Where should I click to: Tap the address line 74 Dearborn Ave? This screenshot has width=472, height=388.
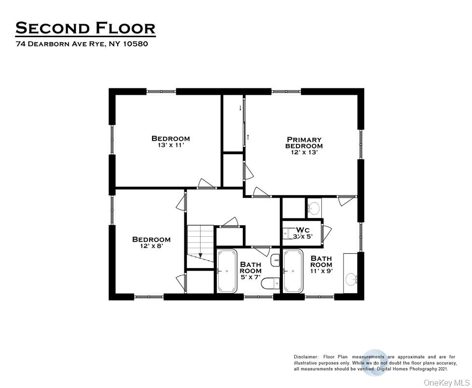point(82,44)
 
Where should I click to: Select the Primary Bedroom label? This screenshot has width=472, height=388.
point(304,143)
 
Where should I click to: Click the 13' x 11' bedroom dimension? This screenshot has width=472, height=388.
point(170,145)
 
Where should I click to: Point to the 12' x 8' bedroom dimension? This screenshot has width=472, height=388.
point(151,246)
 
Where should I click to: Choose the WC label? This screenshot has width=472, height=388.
point(303,230)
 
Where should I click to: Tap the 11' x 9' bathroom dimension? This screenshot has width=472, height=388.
point(321,272)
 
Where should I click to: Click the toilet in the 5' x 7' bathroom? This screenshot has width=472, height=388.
point(270,284)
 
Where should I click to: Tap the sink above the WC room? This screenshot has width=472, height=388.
point(314,208)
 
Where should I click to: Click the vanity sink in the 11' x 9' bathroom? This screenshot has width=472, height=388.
point(351,278)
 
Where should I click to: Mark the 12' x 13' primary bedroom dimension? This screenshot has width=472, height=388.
point(304,152)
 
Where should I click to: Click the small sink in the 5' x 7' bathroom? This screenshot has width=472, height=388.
point(275,260)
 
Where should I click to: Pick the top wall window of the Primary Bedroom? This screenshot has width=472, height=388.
point(286,91)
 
